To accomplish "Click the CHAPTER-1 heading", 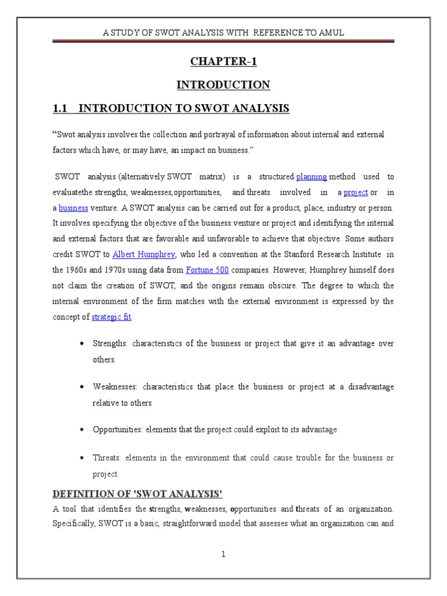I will coord(223,62).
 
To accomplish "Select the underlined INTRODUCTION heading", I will coord(223,85).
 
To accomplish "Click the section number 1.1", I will coord(61,108).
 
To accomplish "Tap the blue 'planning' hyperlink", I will coord(311,176).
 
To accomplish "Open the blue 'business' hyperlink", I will coord(73,207).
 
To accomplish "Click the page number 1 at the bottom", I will coord(223,554).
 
